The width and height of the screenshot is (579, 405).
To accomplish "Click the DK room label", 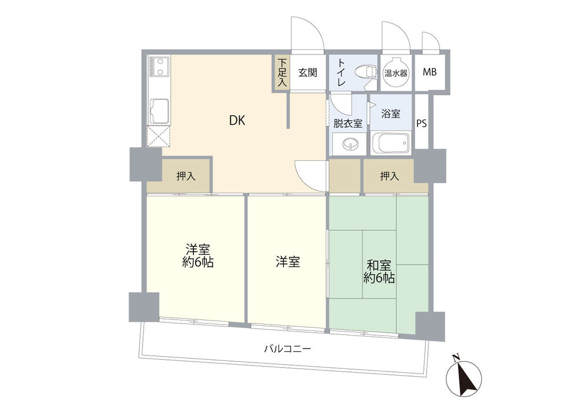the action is pyautogui.click(x=237, y=120).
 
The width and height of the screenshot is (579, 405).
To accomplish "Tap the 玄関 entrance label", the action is pyautogui.click(x=307, y=72).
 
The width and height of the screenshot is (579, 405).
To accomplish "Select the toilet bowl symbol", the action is pyautogui.click(x=365, y=71).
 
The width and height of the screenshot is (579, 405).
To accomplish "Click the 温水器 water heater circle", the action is pyautogui.click(x=396, y=72).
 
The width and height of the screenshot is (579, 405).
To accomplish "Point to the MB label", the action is pyautogui.click(x=430, y=72).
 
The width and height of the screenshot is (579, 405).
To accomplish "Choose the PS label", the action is pyautogui.click(x=422, y=123).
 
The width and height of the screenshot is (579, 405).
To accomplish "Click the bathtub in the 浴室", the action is pyautogui.click(x=391, y=143).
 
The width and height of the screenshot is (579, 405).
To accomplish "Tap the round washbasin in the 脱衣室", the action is pyautogui.click(x=348, y=144).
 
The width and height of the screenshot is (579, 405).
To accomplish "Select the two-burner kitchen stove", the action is pyautogui.click(x=159, y=67).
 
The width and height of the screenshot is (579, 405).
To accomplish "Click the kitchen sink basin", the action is pyautogui.click(x=159, y=111).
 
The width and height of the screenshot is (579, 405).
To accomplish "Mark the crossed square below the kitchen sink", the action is pyautogui.click(x=159, y=136).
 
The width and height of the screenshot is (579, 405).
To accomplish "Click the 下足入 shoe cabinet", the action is pyautogui.click(x=282, y=73).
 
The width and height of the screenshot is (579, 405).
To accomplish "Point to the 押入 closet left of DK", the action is pyautogui.click(x=186, y=176).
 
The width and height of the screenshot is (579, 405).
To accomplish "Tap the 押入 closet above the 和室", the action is pyautogui.click(x=390, y=176).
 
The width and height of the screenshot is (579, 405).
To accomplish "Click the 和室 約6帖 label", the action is pyautogui.click(x=379, y=271).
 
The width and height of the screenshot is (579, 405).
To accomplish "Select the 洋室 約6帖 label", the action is pyautogui.click(x=198, y=256).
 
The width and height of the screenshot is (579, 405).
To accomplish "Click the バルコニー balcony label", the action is pyautogui.click(x=288, y=348).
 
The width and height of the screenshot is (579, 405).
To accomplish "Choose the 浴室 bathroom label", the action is pyautogui.click(x=391, y=113).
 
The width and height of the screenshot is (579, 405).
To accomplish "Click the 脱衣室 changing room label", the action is pyautogui.click(x=348, y=123).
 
